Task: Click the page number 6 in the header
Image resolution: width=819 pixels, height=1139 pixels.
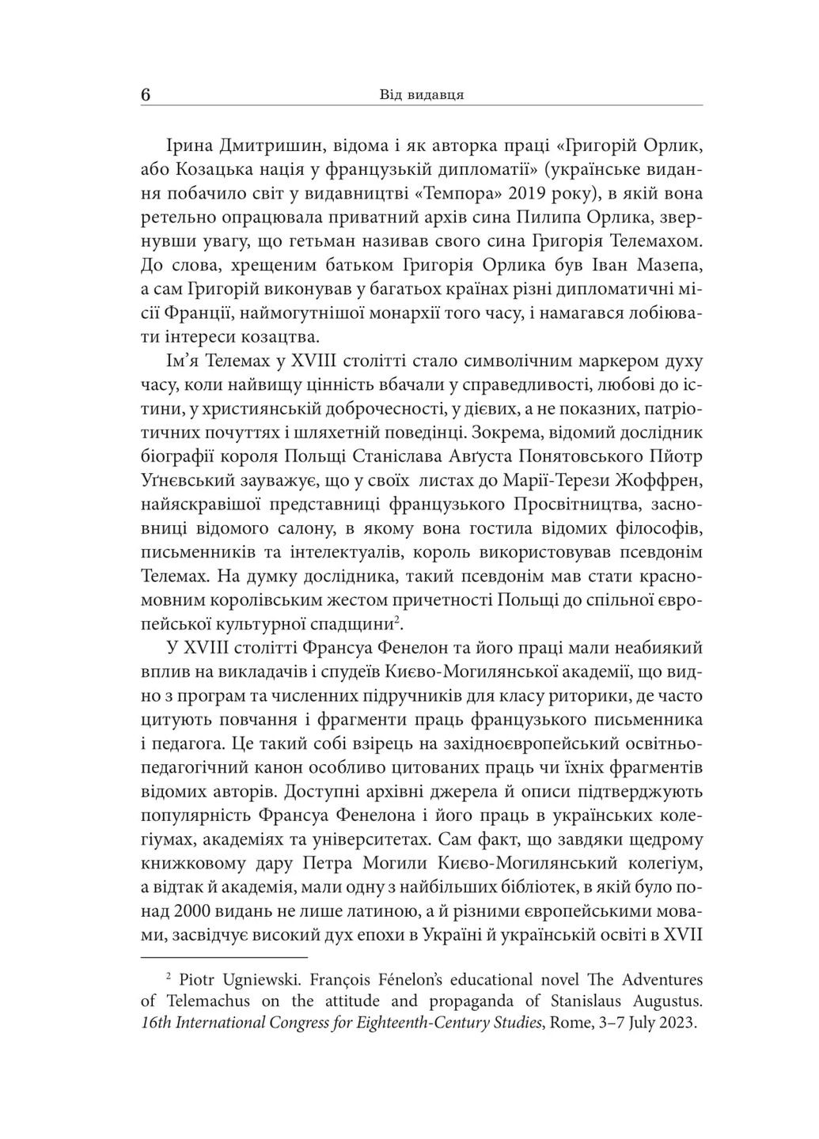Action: (145, 95)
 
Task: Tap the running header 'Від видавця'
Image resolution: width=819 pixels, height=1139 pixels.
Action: (421, 95)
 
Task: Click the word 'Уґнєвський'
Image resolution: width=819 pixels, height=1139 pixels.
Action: (183, 480)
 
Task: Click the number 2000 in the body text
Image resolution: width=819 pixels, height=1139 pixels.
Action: (188, 909)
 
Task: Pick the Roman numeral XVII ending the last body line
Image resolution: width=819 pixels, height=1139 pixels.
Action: (685, 933)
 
